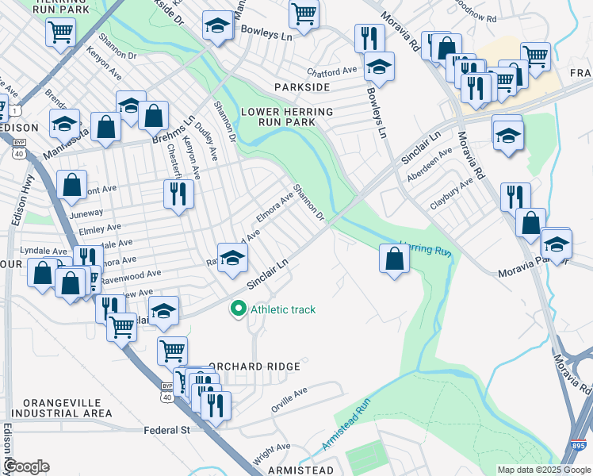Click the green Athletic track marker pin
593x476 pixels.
(237, 309)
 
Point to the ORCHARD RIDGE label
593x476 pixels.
(254, 367)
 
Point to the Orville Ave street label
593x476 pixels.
(290, 394)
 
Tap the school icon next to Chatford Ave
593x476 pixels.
(379, 67)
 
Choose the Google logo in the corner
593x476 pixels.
(26, 466)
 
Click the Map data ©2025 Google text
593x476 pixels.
(544, 470)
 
